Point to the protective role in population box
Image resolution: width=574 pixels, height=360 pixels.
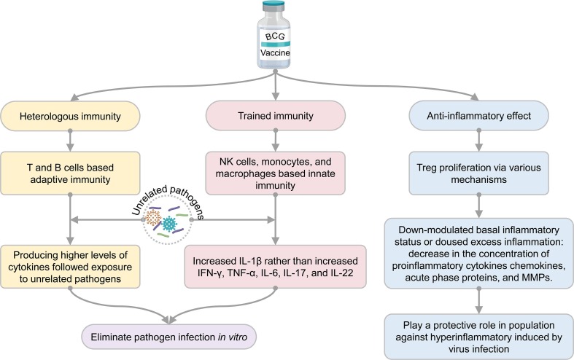click(479, 331)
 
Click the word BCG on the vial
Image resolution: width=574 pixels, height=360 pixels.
click(276, 36)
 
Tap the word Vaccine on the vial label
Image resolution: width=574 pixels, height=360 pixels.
click(276, 55)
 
